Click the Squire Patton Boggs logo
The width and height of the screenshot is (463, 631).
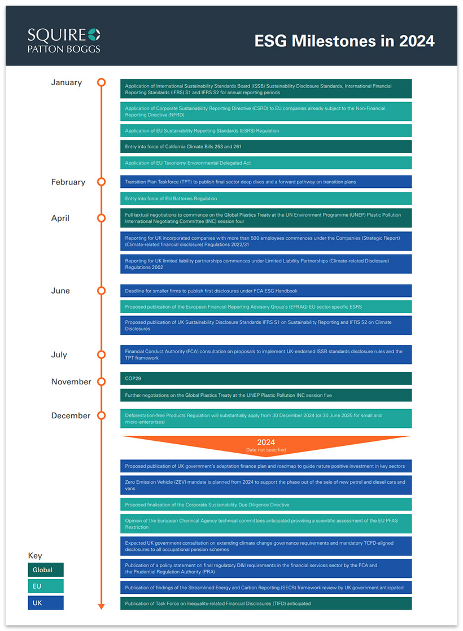point(64,40)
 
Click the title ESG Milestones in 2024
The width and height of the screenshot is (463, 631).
point(344,41)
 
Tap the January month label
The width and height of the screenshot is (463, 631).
point(67,82)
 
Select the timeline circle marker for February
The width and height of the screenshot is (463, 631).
point(102,182)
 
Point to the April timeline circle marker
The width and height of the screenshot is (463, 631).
point(102,218)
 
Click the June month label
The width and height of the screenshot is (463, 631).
point(60,291)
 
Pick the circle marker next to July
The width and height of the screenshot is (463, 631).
point(102,354)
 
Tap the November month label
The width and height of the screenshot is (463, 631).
point(71,382)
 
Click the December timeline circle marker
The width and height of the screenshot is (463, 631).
point(102,415)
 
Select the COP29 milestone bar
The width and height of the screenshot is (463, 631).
point(265,378)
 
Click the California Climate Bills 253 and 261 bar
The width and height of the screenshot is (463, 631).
point(265,147)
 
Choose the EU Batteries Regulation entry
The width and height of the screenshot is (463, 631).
point(265,199)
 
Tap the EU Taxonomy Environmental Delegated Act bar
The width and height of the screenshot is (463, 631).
point(265,163)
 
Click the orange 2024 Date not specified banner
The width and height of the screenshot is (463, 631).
point(265,444)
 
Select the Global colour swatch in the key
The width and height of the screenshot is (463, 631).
point(46,569)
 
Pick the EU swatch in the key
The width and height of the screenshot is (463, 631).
point(46,586)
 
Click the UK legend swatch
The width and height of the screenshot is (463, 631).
point(46,603)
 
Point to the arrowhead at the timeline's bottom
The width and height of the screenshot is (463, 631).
point(102,606)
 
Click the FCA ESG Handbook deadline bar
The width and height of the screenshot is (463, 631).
point(265,291)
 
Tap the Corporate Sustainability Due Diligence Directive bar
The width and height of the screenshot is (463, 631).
point(265,505)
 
